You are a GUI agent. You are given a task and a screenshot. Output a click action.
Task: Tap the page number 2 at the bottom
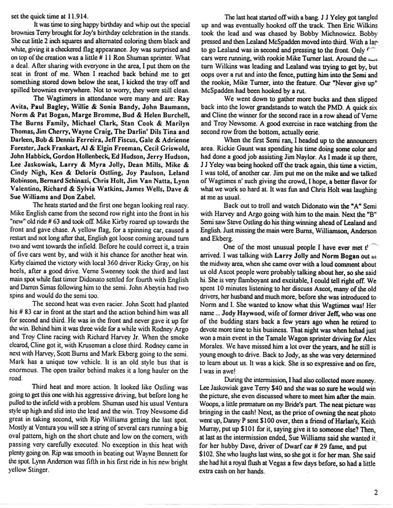click(377, 492)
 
